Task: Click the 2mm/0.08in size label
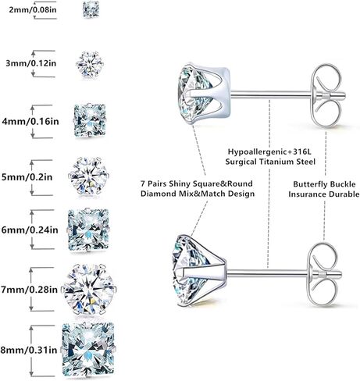click(33, 10)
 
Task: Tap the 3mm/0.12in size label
click(31, 63)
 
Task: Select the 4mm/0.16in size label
click(30, 121)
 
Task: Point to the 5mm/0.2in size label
click(27, 177)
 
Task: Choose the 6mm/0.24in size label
click(30, 230)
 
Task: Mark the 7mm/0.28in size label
click(29, 290)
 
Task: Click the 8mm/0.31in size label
click(29, 350)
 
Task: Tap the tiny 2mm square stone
click(91, 10)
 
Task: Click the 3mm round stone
click(90, 64)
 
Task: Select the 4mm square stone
click(90, 120)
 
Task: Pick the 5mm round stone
click(88, 176)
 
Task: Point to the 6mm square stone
click(88, 230)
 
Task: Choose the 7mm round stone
click(89, 289)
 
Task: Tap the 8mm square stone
click(88, 350)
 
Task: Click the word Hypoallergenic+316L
click(269, 151)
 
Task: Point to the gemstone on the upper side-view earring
click(194, 94)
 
